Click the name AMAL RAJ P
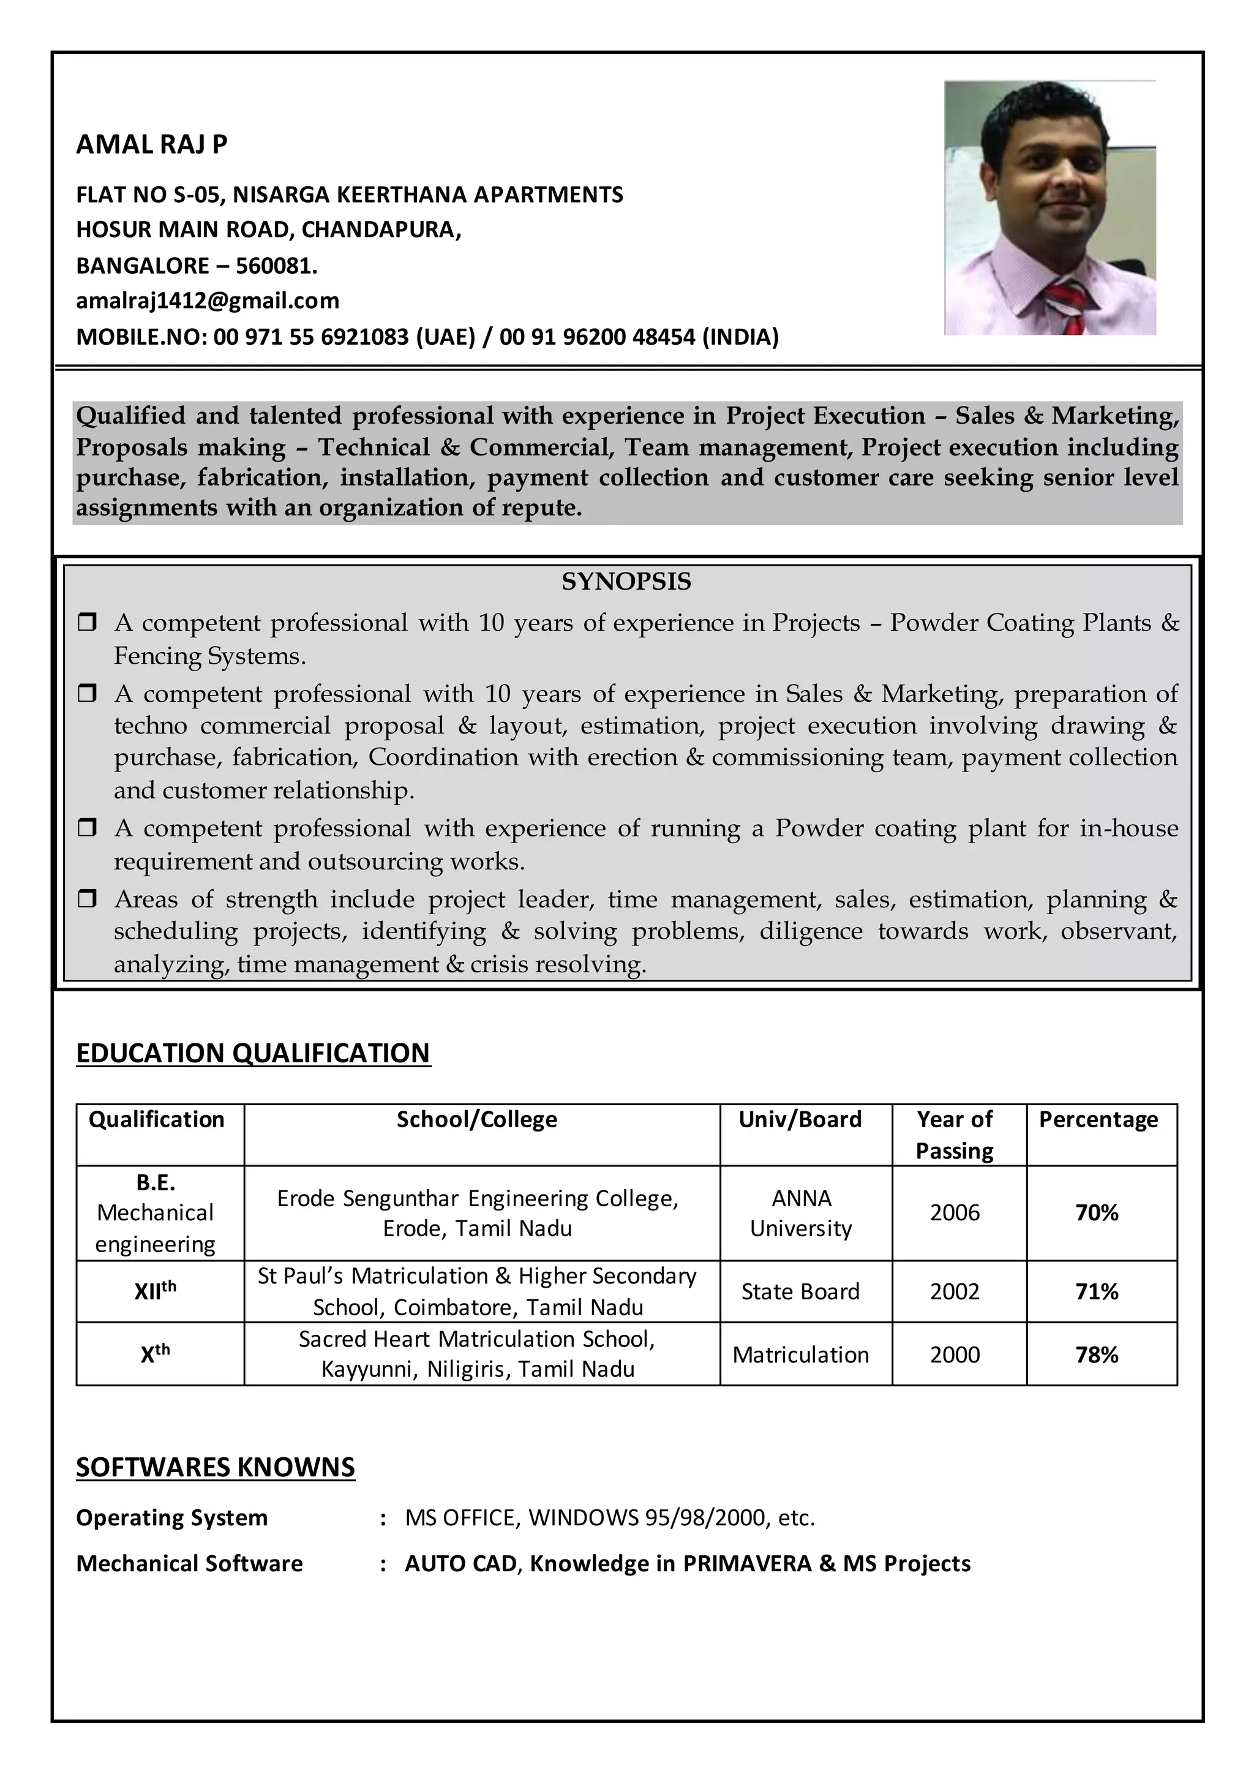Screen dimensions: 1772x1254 (151, 145)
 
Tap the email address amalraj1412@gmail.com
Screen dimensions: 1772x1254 (208, 301)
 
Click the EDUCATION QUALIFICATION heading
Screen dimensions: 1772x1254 (253, 1053)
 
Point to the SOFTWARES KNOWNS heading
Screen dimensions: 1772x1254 (216, 1467)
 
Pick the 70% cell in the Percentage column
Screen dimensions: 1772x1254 (1097, 1213)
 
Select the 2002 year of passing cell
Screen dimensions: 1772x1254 (955, 1292)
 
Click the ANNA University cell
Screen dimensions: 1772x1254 (801, 1213)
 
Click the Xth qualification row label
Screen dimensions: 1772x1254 (155, 1354)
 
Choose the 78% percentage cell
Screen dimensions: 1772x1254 (1097, 1355)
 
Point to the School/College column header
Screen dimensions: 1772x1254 (476, 1119)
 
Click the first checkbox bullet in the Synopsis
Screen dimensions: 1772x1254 (88, 622)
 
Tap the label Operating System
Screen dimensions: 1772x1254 (171, 1518)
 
